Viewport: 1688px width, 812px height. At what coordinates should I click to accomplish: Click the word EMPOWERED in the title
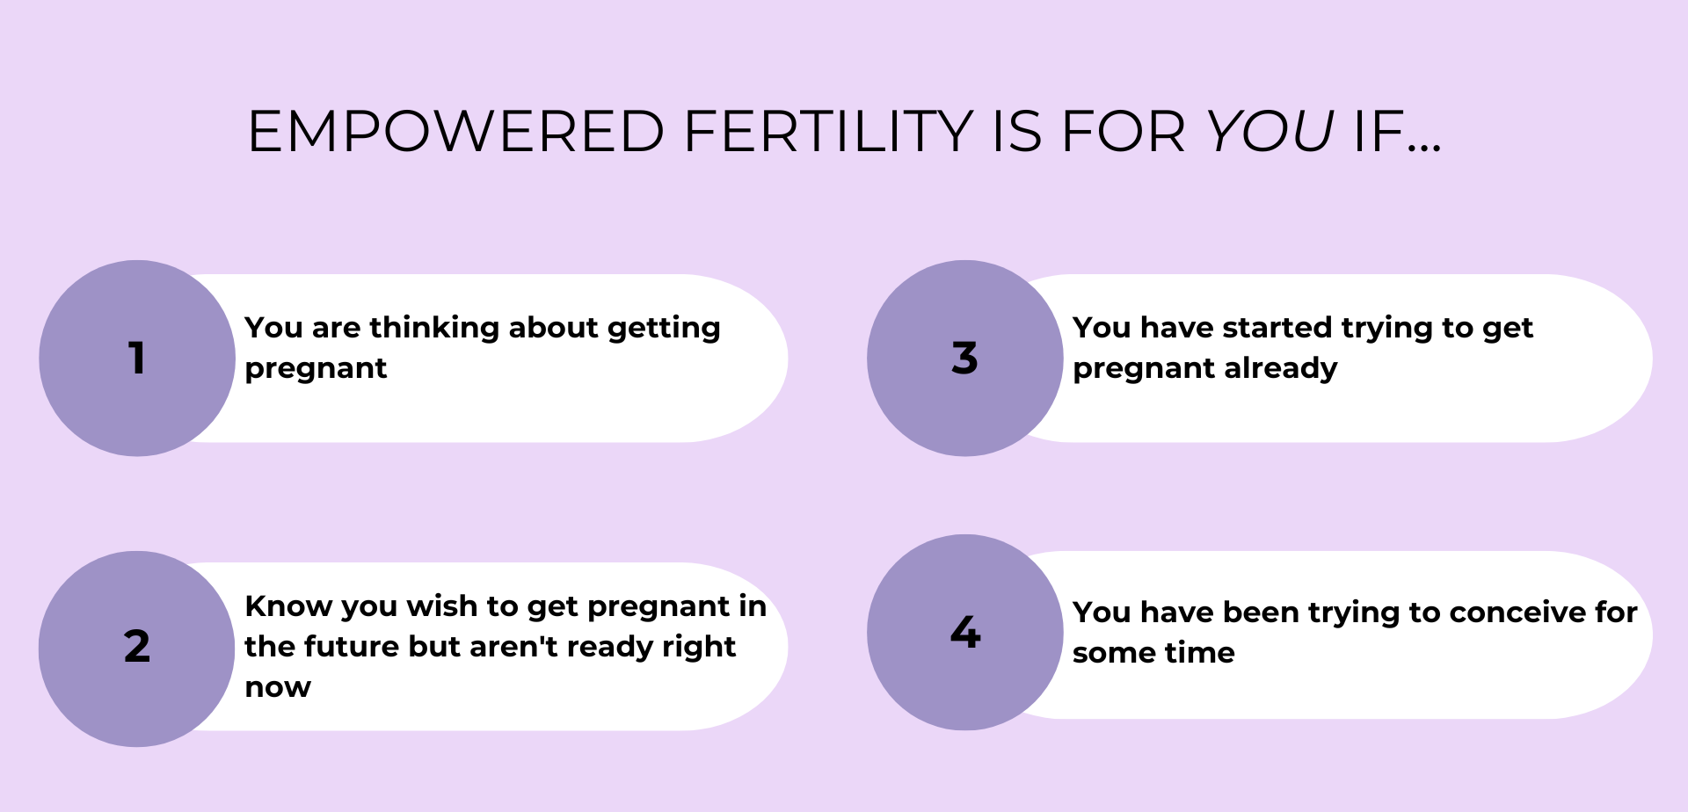pyautogui.click(x=455, y=132)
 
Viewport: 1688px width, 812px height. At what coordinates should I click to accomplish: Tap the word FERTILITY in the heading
pyautogui.click(x=827, y=132)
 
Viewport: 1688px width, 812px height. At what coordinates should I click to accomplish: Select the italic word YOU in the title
pyautogui.click(x=1270, y=132)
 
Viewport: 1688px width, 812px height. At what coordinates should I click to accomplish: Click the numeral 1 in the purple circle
pyautogui.click(x=136, y=358)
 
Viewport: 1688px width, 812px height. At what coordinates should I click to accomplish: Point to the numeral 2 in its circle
pyautogui.click(x=137, y=646)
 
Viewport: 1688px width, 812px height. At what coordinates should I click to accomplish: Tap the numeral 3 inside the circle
pyautogui.click(x=964, y=358)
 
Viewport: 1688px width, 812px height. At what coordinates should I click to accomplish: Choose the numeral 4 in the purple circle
pyautogui.click(x=965, y=632)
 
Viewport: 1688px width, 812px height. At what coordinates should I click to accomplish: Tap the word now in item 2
pyautogui.click(x=278, y=687)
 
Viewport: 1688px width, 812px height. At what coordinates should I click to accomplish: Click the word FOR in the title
pyautogui.click(x=1124, y=132)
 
